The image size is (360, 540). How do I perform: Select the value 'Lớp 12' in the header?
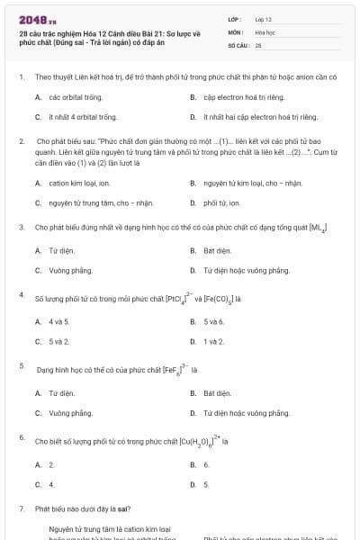point(264,19)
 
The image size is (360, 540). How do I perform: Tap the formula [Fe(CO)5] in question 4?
point(222,298)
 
